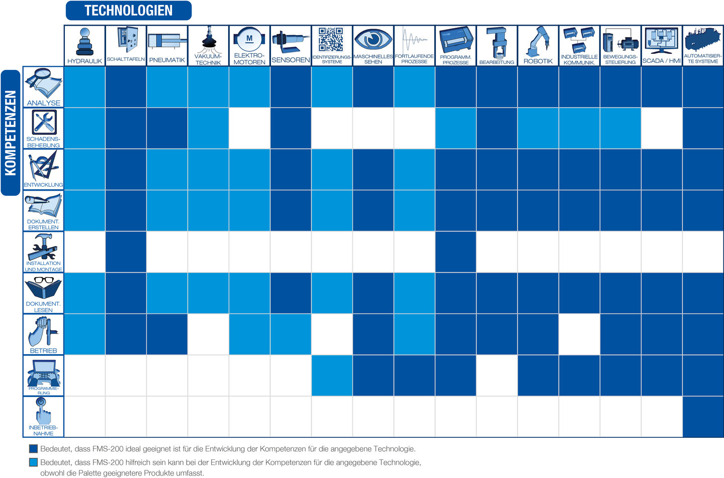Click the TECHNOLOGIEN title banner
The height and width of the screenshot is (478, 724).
pyautogui.click(x=128, y=11)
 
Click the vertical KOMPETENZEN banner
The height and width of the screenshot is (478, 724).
pyautogui.click(x=11, y=132)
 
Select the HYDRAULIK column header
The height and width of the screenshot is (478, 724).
pyautogui.click(x=84, y=46)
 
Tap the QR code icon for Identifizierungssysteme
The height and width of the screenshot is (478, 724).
pyautogui.click(x=331, y=39)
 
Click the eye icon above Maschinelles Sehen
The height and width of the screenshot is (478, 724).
pyautogui.click(x=373, y=39)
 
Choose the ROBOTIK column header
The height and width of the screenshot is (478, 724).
pyautogui.click(x=538, y=46)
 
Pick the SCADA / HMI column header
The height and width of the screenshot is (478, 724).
pyautogui.click(x=662, y=46)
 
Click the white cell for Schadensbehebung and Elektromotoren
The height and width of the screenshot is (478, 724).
pyautogui.click(x=249, y=128)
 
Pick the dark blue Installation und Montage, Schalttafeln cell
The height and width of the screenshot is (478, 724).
pyautogui.click(x=126, y=252)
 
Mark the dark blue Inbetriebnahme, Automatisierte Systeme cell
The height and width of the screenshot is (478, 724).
pyautogui.click(x=703, y=417)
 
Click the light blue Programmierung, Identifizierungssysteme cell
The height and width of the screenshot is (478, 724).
pyautogui.click(x=332, y=376)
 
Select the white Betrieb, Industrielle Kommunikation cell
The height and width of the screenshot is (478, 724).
pyautogui.click(x=579, y=335)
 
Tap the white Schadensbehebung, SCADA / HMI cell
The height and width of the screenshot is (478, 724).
pyautogui.click(x=662, y=128)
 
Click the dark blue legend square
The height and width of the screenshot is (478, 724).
pyautogui.click(x=34, y=449)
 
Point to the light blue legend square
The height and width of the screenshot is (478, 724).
pyautogui.click(x=34, y=462)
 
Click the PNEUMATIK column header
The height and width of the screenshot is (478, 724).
pyautogui.click(x=167, y=46)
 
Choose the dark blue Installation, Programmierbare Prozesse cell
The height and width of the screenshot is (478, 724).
pyautogui.click(x=456, y=252)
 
